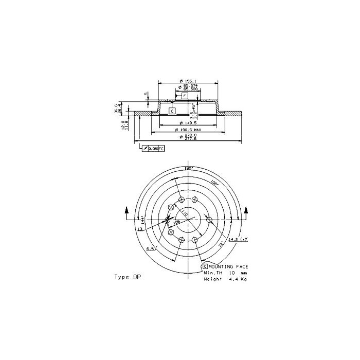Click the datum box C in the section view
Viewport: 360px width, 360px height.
click(172, 111)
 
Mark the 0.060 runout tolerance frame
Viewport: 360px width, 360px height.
click(153, 148)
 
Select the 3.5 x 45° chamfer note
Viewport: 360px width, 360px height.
click(193, 110)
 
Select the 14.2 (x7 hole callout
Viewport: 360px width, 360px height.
click(238, 239)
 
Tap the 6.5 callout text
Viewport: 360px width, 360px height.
click(151, 249)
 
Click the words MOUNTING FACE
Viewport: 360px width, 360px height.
click(228, 266)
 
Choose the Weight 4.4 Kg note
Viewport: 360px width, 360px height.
click(225, 279)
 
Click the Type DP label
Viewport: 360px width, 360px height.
click(127, 277)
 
